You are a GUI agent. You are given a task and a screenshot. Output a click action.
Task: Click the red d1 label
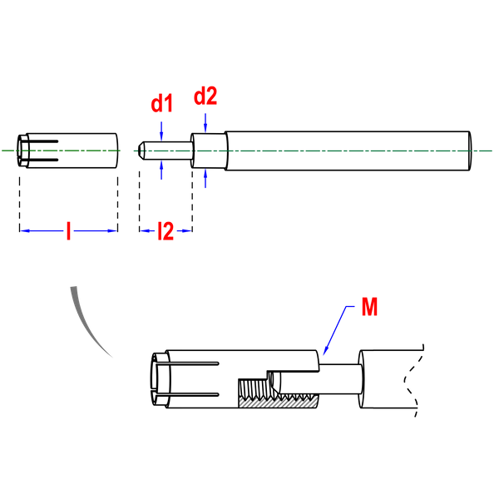pos(161,103)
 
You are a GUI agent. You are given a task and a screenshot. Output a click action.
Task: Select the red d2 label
pos(205,96)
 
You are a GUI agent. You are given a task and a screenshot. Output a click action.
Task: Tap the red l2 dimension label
pos(166,230)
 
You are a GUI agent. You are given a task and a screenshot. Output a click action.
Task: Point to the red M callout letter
pos(369,306)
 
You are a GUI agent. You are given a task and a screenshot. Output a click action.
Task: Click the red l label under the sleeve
pos(68,230)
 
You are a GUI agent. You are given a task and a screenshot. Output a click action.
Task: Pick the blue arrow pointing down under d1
pos(161,131)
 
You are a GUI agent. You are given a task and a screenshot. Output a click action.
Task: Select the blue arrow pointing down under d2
pos(205,123)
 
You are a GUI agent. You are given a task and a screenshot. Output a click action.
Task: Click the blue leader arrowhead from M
pos(325,350)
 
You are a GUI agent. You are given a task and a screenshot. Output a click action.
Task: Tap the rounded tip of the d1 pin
pos(141,151)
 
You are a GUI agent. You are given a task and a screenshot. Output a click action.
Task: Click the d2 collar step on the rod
pos(209,151)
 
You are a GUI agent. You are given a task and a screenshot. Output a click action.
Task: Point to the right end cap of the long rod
pos(470,151)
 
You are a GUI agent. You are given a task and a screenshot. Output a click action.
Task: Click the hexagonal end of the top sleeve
pos(22,151)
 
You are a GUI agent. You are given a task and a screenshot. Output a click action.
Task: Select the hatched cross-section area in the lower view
pos(278,402)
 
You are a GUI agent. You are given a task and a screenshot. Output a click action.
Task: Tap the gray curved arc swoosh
pos(86,321)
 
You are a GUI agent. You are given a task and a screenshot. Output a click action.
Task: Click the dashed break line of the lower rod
pos(413,380)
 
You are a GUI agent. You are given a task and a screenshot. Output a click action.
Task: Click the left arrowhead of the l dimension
pos(24,230)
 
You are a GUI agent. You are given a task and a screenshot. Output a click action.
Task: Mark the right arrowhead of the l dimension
pos(112,230)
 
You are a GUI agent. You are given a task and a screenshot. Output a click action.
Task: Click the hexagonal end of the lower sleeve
pos(160,379)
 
